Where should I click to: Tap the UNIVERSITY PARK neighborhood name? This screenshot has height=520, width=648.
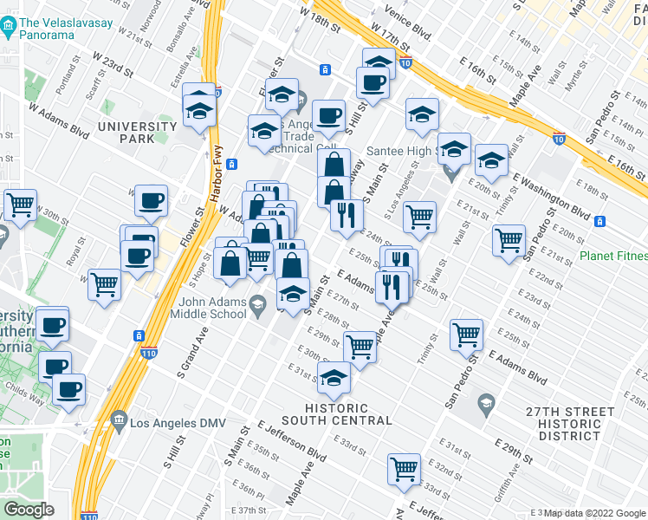137,133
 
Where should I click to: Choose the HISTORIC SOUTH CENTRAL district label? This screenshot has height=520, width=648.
349,413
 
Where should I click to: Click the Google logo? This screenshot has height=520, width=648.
29,510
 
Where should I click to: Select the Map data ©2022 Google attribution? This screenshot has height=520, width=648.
594,513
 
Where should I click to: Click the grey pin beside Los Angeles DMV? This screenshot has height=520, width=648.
117,426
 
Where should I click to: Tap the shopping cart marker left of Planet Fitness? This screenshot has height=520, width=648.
509,238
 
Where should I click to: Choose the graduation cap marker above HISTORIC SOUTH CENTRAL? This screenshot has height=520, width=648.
334,375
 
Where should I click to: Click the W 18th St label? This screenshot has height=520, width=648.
318,16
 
